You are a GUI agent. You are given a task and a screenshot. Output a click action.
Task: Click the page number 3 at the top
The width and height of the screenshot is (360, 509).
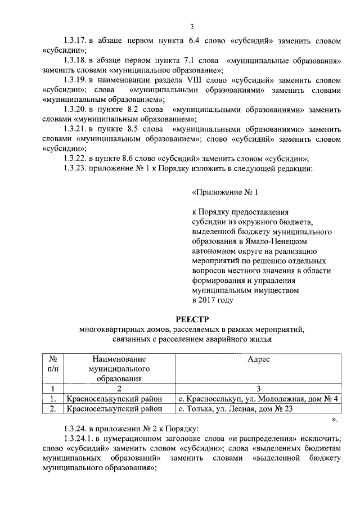(192, 26)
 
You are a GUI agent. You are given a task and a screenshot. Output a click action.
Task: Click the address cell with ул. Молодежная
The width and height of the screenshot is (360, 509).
(258, 399)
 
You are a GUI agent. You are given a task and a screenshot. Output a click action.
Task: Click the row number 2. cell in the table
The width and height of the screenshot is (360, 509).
(52, 409)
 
